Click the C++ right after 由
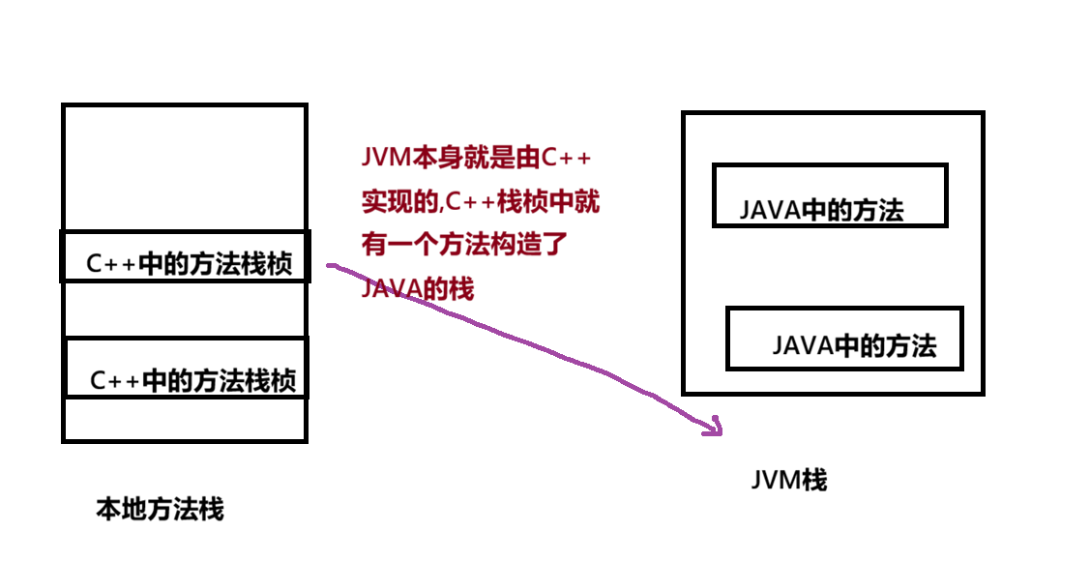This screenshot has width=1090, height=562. tap(564, 157)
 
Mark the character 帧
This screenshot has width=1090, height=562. tap(535, 202)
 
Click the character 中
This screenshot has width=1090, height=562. tap(562, 202)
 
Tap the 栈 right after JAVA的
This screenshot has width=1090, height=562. tap(461, 289)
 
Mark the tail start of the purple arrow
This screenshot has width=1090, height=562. tap(331, 264)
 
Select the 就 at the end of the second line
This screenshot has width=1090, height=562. tap(587, 202)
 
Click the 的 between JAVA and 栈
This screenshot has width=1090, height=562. tap(434, 289)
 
